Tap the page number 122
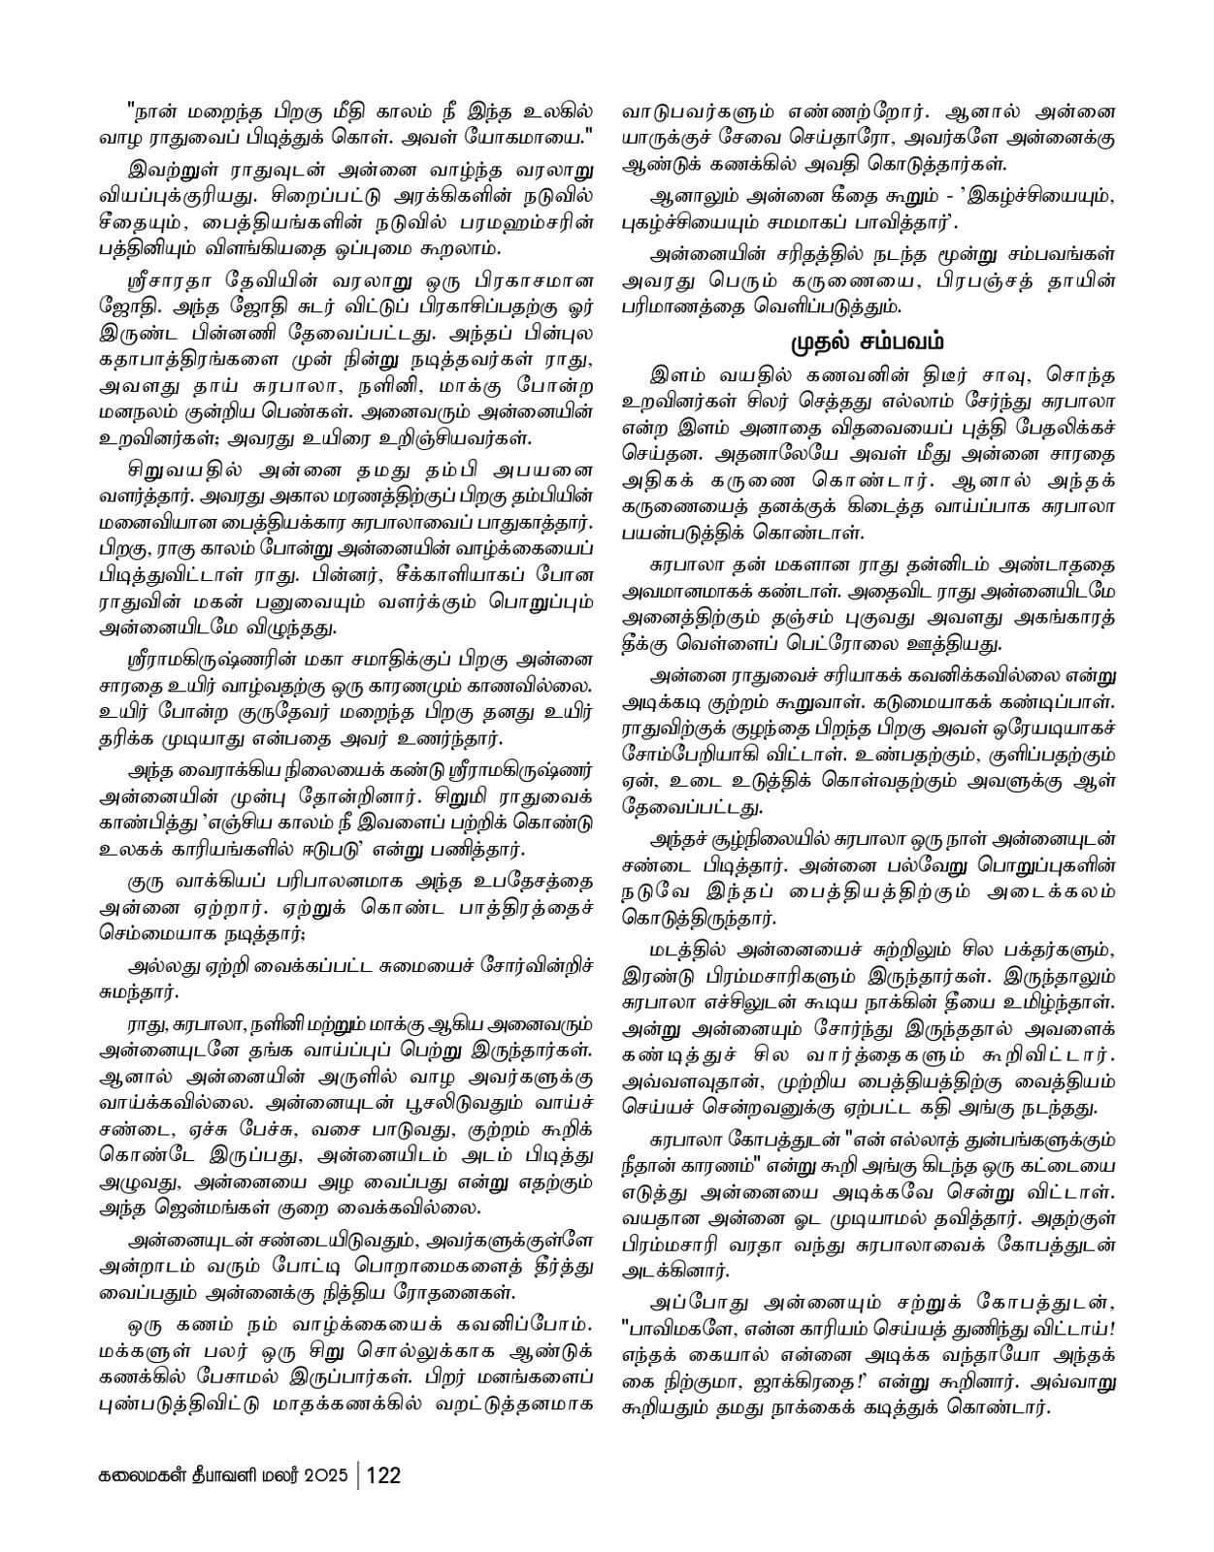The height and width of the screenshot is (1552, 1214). tap(384, 1475)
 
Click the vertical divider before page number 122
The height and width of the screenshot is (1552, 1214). tap(358, 1475)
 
